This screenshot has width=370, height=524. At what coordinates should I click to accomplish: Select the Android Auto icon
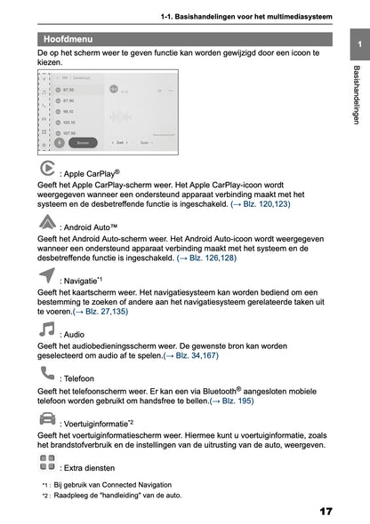[x=48, y=223]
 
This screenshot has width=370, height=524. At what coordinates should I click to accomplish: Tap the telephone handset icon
[x=48, y=372]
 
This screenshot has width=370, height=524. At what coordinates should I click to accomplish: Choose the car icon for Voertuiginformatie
[x=48, y=418]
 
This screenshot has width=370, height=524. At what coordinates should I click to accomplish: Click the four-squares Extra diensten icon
[x=48, y=463]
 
